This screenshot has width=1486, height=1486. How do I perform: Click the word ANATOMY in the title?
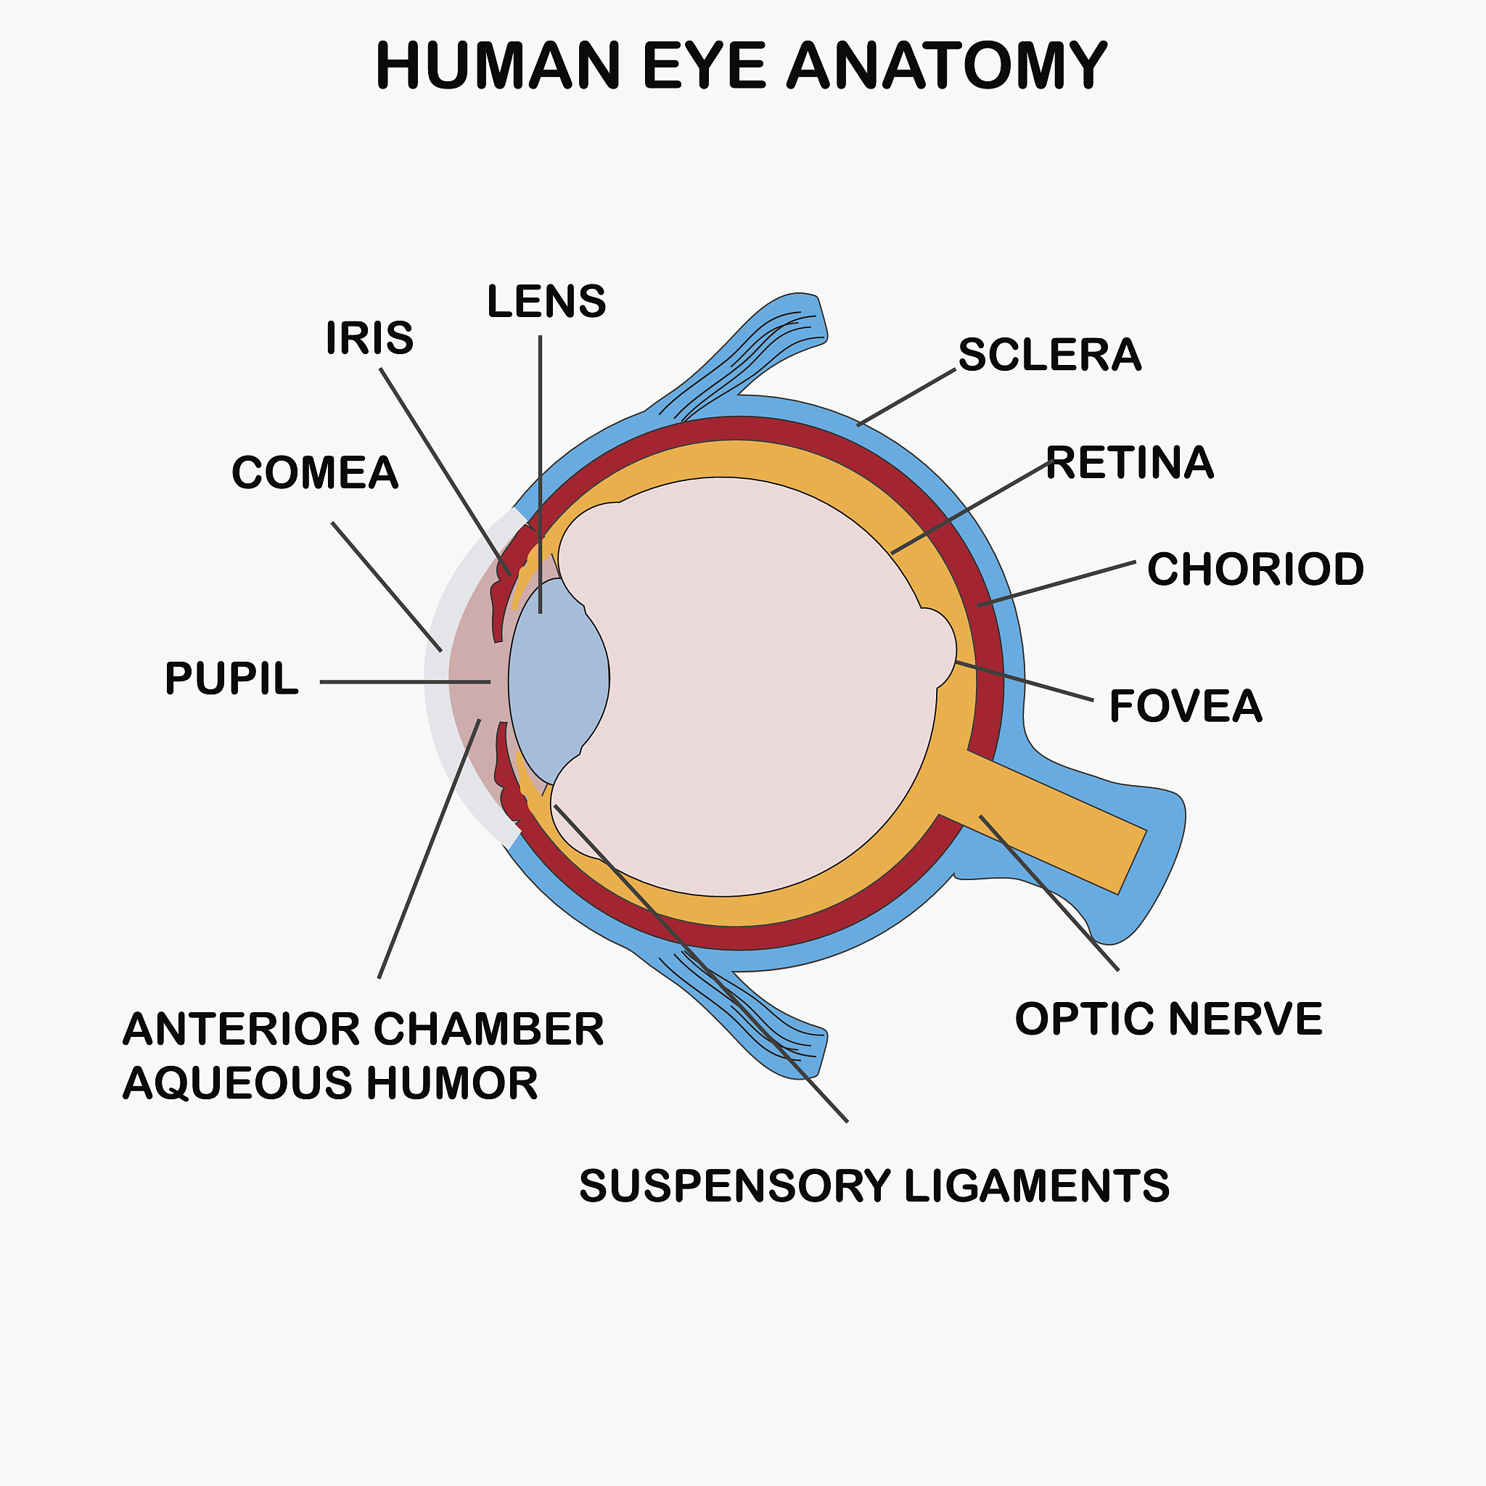point(946,65)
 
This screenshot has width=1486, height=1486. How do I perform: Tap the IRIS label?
point(369,337)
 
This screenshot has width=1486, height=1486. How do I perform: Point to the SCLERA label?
point(1050,355)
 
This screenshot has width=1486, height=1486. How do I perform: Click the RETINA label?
point(1130,462)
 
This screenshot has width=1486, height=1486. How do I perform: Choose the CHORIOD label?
point(1255,569)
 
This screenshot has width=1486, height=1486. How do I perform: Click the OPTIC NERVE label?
point(1169,1019)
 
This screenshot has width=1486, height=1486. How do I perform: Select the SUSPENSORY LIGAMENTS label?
point(874,1186)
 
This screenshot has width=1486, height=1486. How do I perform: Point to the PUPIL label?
point(231,678)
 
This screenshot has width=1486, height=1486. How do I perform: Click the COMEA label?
point(316,472)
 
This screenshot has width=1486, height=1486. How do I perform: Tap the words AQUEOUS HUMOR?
point(331,1083)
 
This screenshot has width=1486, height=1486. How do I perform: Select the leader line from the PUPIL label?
point(406,681)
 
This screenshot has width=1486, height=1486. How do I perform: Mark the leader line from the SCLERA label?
point(907,397)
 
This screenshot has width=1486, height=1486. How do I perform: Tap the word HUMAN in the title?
point(498,65)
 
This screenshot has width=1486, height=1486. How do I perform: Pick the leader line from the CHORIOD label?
point(1056,584)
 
